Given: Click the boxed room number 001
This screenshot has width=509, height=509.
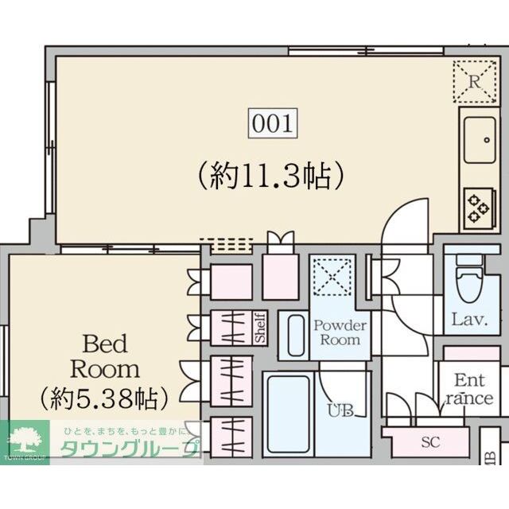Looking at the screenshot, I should [x=274, y=124].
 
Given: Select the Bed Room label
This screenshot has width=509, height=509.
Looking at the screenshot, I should [x=105, y=356].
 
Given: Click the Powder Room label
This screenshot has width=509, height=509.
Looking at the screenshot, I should [x=340, y=332].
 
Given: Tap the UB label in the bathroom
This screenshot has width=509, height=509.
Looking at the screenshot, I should [x=340, y=411].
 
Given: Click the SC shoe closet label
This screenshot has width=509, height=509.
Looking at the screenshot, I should [x=430, y=442].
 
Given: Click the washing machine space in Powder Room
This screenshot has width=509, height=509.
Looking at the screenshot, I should [x=328, y=276].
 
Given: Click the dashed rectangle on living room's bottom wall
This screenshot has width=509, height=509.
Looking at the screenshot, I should [x=225, y=243].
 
